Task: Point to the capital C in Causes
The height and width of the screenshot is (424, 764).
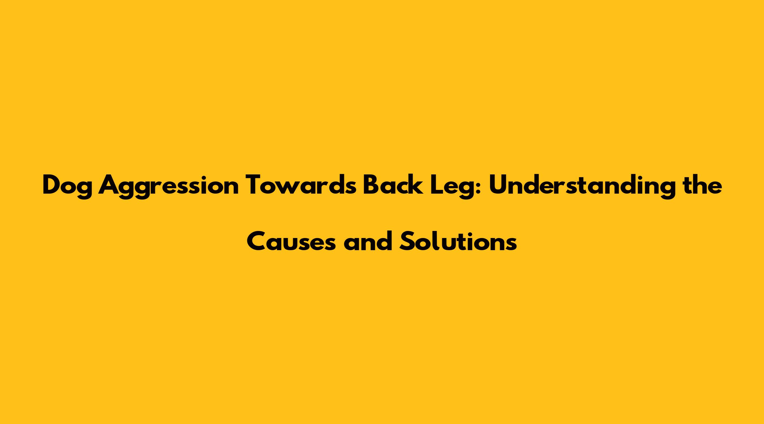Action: [257, 241]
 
